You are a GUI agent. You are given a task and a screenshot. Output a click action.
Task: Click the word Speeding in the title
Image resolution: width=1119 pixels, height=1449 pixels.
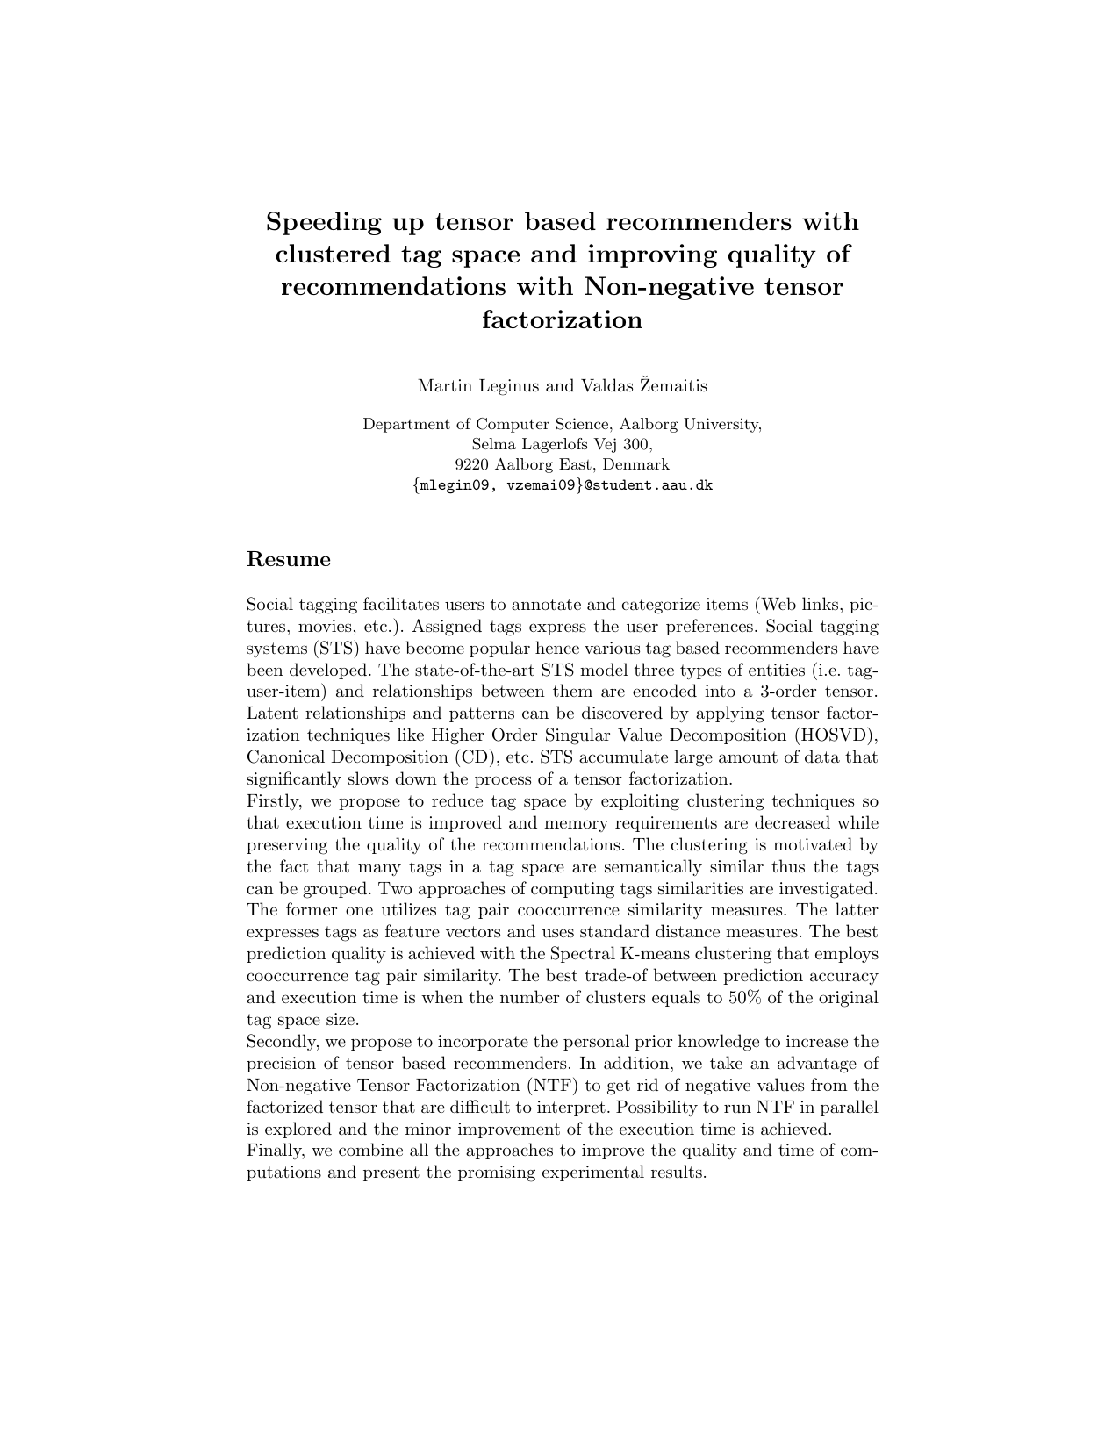pos(321,222)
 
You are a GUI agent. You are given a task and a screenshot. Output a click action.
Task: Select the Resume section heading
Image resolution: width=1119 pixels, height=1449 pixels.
pos(289,560)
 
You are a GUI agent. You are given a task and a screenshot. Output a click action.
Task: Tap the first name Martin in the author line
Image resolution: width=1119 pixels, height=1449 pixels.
pos(445,386)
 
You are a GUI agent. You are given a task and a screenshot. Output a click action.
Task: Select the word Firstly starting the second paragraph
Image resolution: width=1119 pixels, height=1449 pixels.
pos(274,801)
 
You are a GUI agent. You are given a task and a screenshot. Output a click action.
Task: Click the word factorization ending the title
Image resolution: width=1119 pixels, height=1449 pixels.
pos(562,320)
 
